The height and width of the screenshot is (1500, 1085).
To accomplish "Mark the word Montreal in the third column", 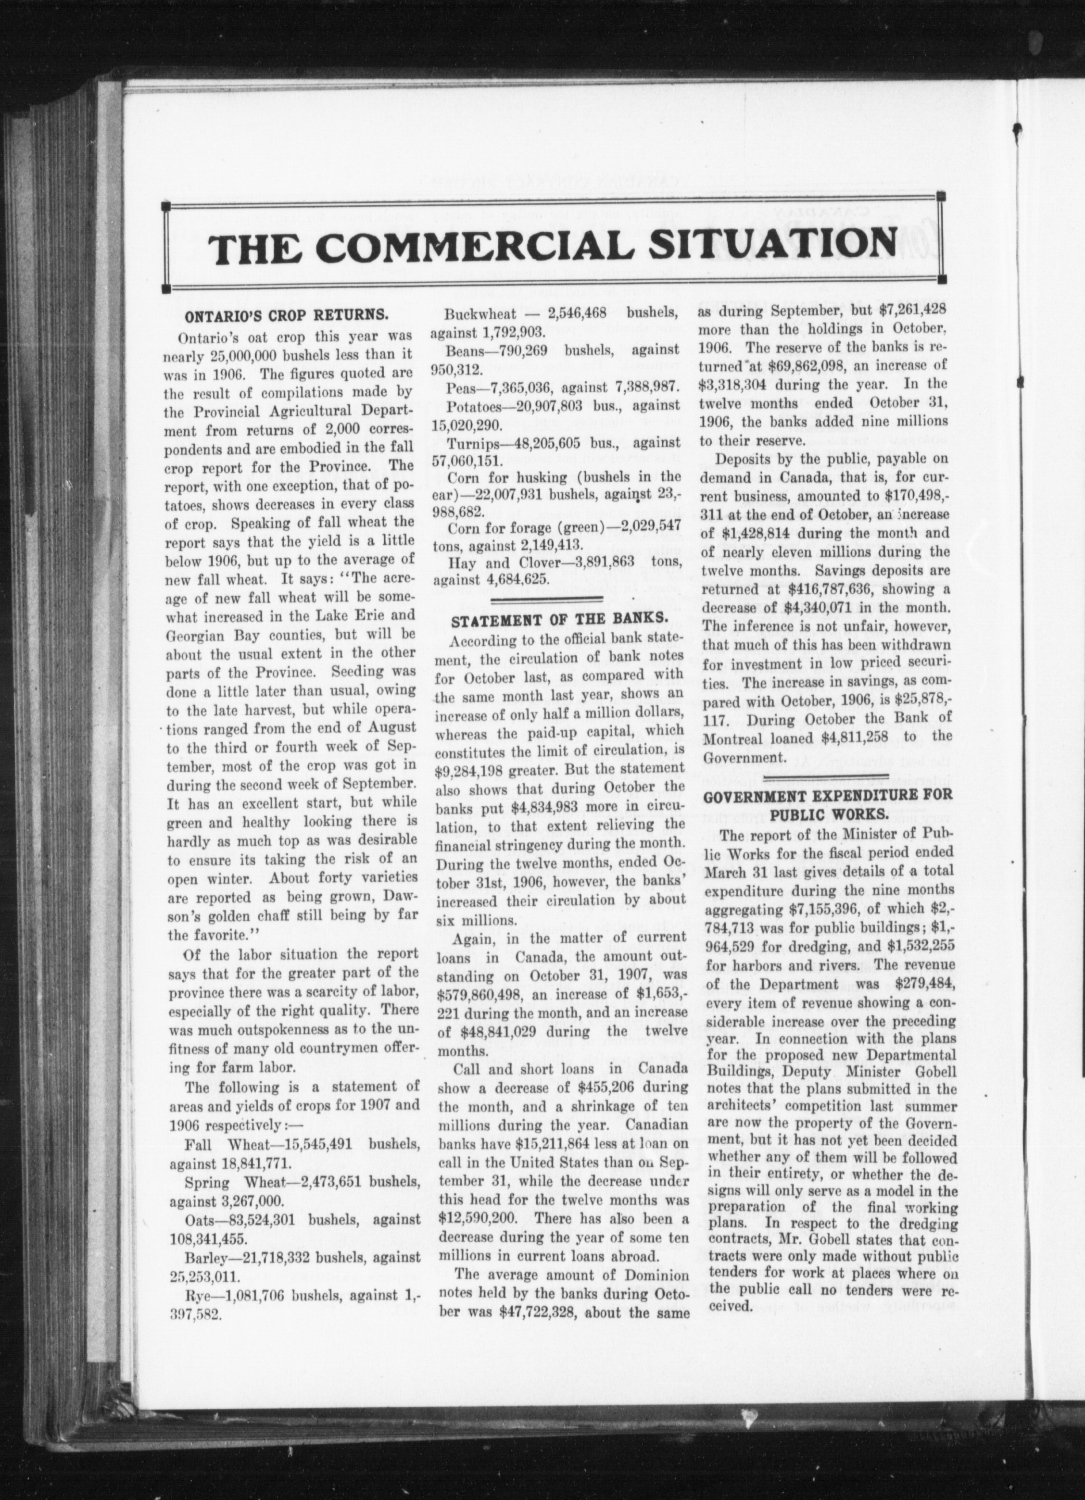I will click(x=744, y=737).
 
